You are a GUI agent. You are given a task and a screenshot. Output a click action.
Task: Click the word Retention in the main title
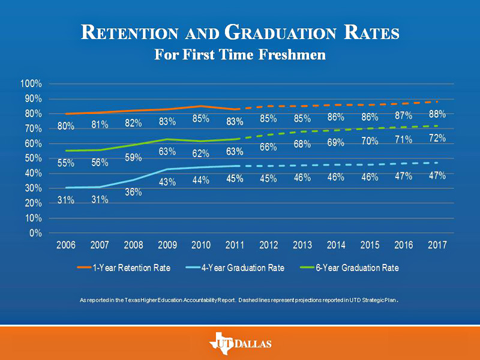130,32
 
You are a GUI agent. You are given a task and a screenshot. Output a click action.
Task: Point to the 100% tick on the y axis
31,83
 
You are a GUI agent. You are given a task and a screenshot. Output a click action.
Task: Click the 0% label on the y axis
35,233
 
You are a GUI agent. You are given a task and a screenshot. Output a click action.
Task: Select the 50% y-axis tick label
34,158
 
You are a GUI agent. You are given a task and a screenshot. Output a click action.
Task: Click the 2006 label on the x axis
66,245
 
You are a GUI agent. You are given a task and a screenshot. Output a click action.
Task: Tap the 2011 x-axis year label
235,245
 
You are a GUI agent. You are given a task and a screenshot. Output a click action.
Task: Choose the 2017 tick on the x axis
437,245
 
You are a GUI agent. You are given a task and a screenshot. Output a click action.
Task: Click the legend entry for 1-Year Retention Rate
124,268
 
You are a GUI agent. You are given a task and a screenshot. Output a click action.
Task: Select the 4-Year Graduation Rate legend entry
235,268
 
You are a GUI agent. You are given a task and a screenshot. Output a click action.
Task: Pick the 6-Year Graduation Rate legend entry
349,268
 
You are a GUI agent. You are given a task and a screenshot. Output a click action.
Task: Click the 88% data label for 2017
437,114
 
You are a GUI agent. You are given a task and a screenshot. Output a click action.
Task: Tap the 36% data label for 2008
133,192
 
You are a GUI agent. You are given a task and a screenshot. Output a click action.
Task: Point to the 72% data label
437,139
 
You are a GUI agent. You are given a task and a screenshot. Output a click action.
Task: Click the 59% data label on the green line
133,158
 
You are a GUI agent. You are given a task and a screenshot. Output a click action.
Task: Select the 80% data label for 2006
66,126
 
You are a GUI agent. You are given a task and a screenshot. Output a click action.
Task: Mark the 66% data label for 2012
268,147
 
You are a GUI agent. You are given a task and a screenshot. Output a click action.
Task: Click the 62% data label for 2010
201,154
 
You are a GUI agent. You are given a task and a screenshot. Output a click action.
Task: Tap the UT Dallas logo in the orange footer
241,343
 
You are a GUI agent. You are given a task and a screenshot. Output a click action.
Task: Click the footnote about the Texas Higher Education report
239,301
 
